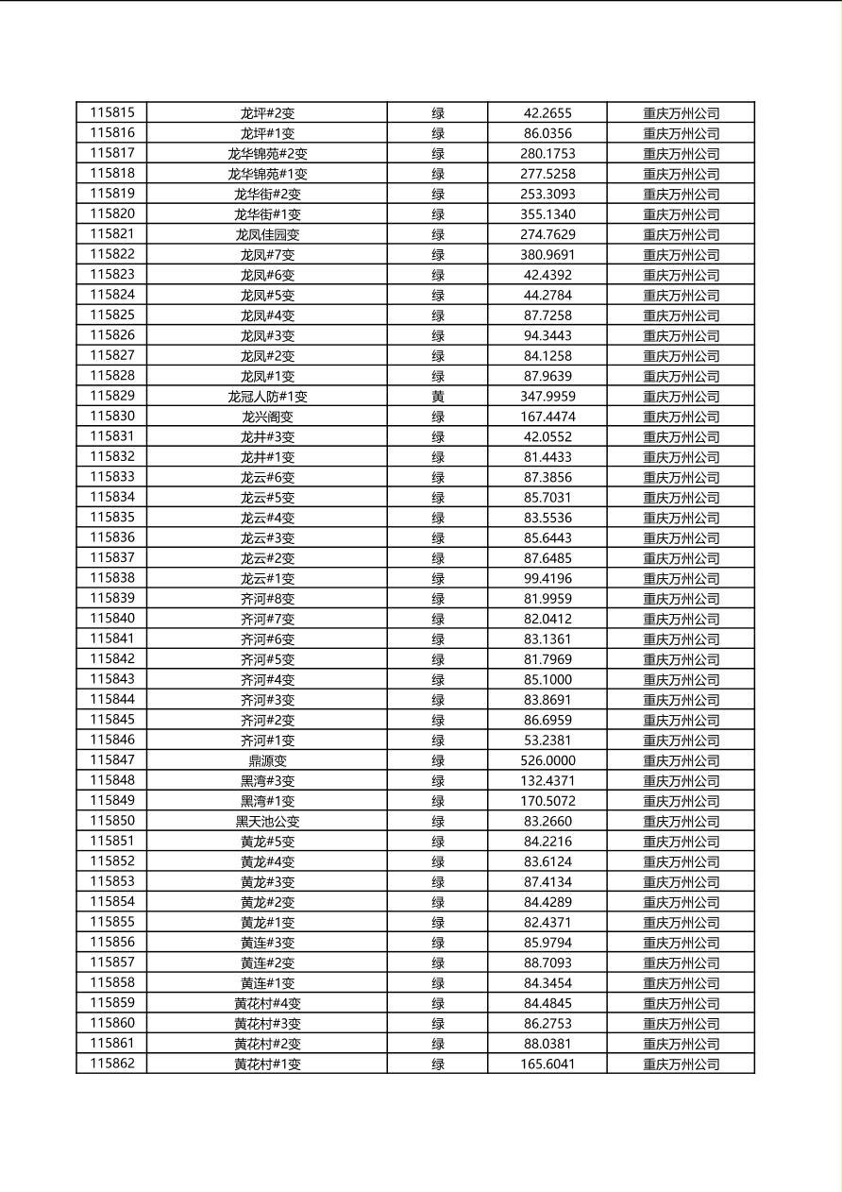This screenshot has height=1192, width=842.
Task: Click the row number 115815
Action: [112, 112]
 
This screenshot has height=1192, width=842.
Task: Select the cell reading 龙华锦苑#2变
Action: [267, 153]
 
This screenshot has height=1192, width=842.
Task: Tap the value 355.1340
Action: [547, 214]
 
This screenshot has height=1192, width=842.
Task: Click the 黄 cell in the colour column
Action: [438, 397]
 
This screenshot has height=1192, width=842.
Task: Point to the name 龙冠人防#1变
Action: [267, 397]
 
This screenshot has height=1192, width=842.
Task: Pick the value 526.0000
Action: [547, 760]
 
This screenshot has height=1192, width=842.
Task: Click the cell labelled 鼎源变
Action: [267, 760]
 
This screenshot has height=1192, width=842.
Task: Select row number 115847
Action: [112, 759]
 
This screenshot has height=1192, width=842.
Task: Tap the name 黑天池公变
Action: [267, 822]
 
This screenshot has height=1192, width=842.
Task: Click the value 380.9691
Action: [547, 255]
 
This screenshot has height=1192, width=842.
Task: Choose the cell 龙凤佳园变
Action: [267, 234]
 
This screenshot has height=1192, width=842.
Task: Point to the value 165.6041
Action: [547, 1064]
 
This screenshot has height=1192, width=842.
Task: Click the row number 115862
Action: [112, 1064]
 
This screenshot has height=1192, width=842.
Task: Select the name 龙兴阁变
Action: [267, 417]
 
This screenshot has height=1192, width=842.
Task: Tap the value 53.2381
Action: [547, 741]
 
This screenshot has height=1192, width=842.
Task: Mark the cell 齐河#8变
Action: [267, 599]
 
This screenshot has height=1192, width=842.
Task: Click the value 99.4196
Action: [547, 578]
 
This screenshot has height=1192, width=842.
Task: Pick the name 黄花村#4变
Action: [267, 1003]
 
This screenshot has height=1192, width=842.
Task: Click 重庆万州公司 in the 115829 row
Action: [681, 397]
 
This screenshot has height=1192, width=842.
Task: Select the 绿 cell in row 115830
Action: [438, 417]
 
